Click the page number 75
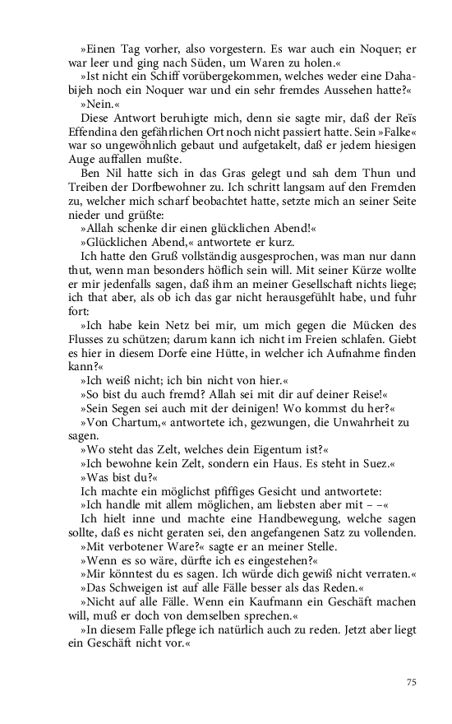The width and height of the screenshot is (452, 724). point(413,681)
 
